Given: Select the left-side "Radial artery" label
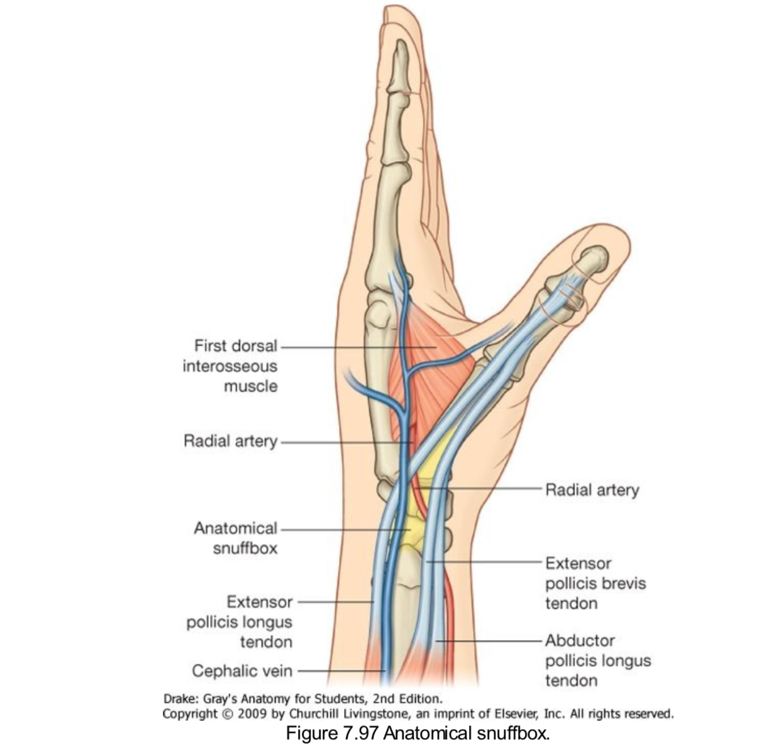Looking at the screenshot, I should (x=230, y=441).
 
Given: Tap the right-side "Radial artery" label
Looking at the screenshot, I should (x=592, y=489).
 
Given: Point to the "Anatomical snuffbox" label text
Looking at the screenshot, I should (x=235, y=538).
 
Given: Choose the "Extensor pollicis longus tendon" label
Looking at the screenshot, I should (x=240, y=622).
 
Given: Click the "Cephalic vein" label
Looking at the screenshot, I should (x=242, y=671).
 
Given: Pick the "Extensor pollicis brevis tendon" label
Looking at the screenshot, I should (x=595, y=583).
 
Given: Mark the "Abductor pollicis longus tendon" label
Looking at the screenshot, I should (x=597, y=660).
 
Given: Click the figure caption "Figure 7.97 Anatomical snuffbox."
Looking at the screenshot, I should (x=418, y=734).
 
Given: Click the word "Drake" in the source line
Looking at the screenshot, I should (x=178, y=698).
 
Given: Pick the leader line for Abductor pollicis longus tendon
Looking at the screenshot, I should (x=491, y=641).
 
